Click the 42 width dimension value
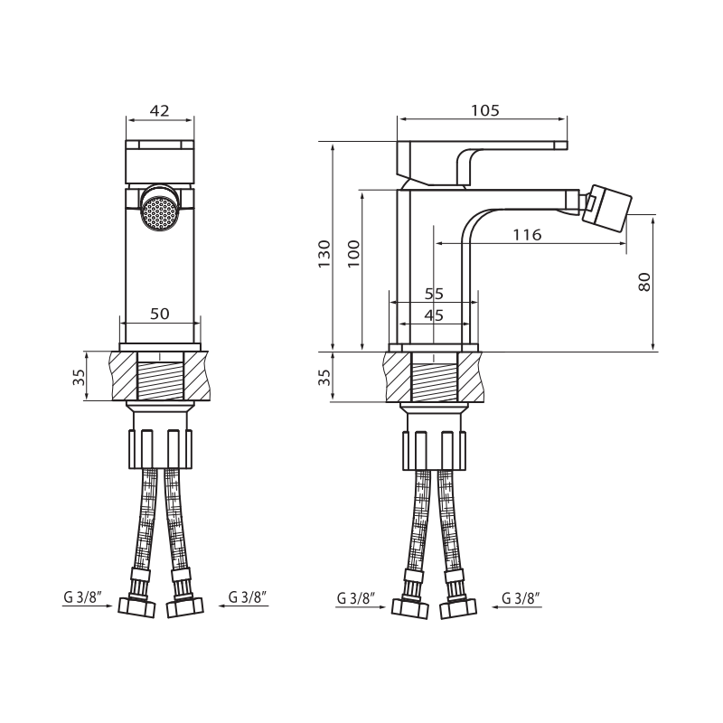pyautogui.click(x=160, y=111)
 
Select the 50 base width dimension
pyautogui.click(x=160, y=314)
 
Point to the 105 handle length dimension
pyautogui.click(x=485, y=111)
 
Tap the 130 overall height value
pyautogui.click(x=324, y=254)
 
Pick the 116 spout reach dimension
pyautogui.click(x=526, y=235)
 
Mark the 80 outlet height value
pyautogui.click(x=644, y=281)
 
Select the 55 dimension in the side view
pyautogui.click(x=434, y=294)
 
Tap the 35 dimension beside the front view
pyautogui.click(x=79, y=376)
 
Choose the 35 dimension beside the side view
pyautogui.click(x=324, y=376)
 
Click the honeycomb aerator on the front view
pyautogui.click(x=160, y=211)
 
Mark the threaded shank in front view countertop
pyautogui.click(x=160, y=377)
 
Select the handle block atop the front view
pyautogui.click(x=160, y=161)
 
